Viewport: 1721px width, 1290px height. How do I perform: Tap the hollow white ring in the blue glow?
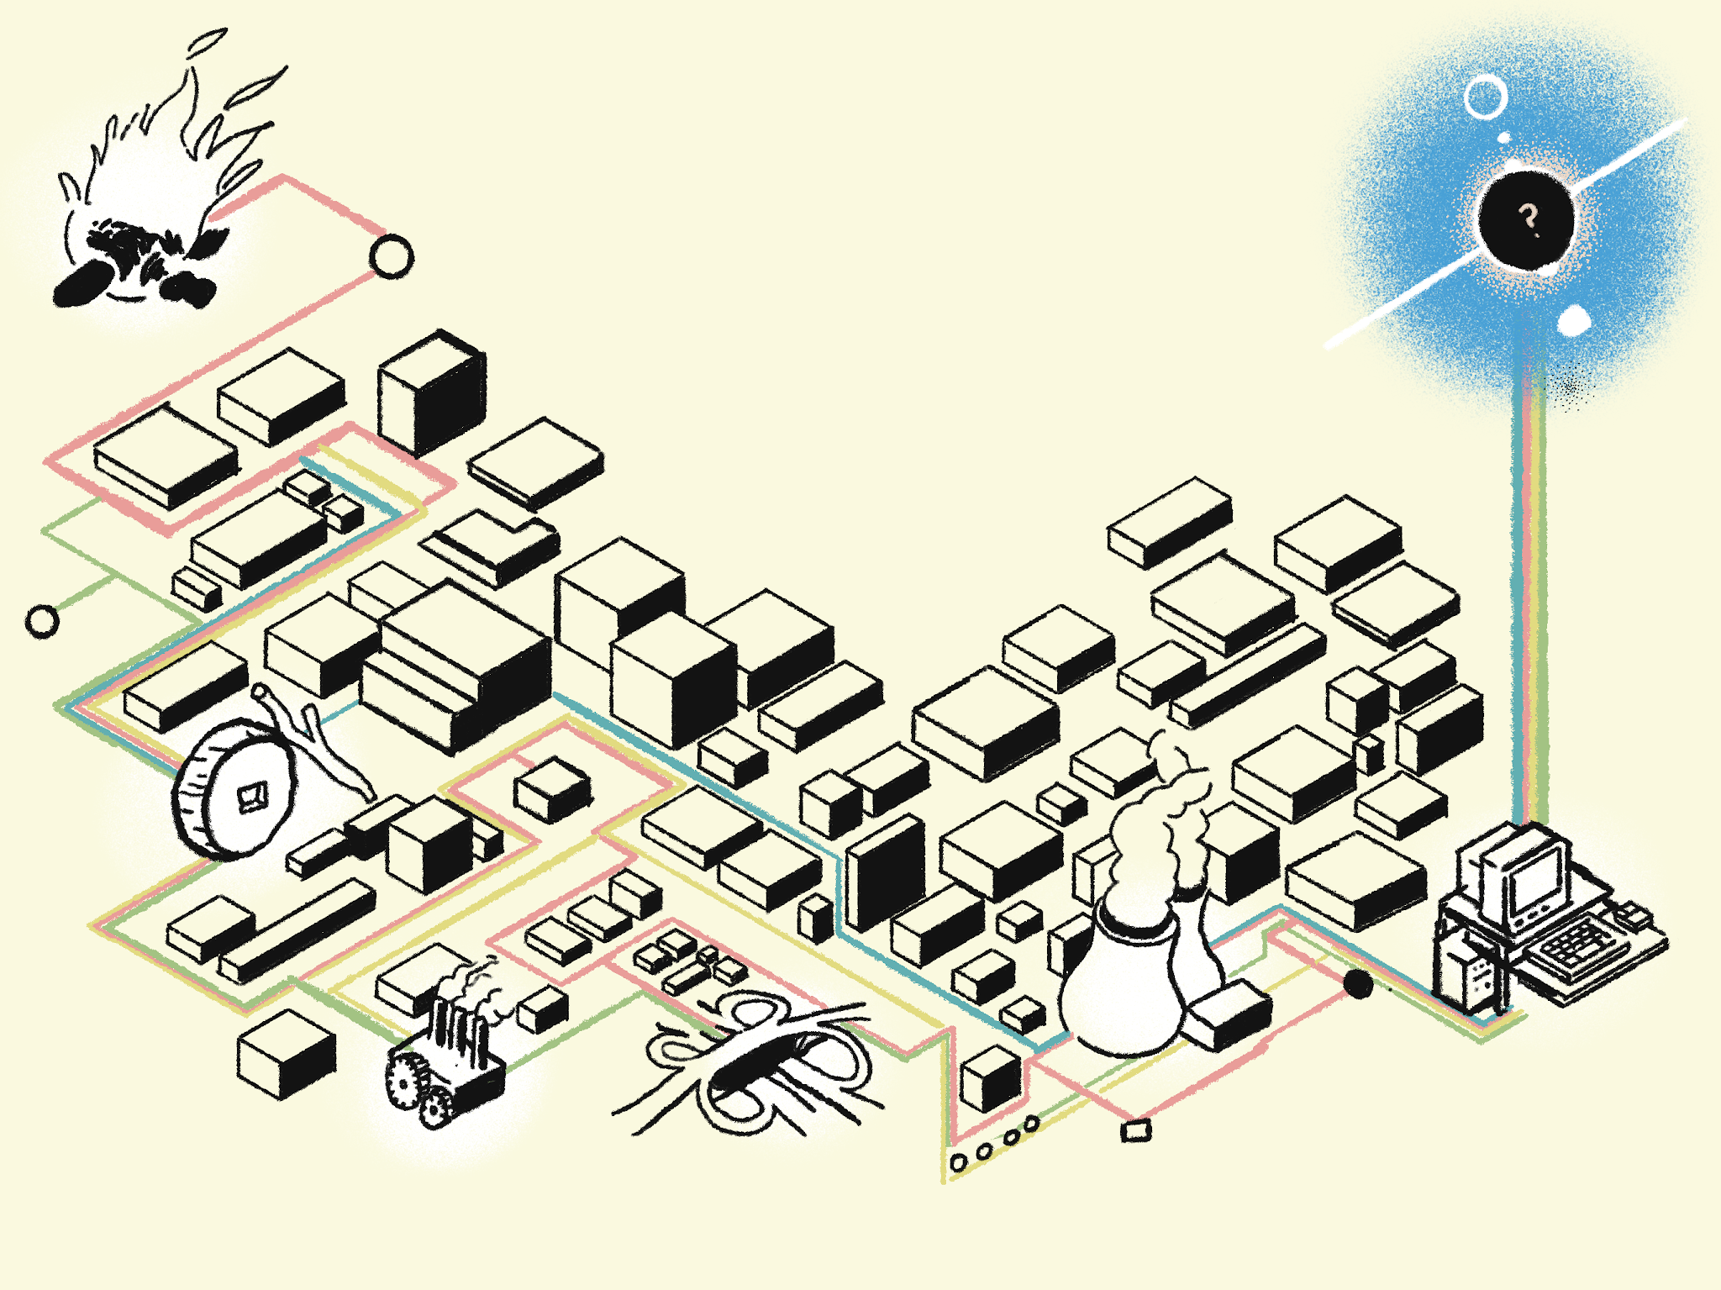(x=1485, y=97)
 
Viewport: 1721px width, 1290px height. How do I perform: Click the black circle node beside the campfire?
(x=392, y=256)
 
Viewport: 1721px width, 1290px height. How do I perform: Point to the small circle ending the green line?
(x=42, y=622)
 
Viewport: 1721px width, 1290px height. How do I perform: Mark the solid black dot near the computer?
(x=1358, y=984)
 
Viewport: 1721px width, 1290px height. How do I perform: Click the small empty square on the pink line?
(x=1136, y=1131)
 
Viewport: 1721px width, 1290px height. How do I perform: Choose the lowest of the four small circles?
(x=958, y=1162)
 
